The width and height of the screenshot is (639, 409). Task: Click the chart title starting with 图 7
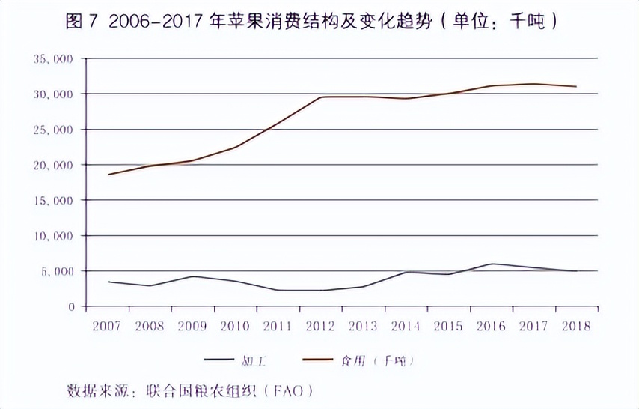click(311, 22)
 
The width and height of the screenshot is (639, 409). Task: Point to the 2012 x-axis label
click(320, 327)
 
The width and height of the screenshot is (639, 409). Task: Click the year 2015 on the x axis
click(447, 327)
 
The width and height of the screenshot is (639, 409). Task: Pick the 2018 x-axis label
click(575, 327)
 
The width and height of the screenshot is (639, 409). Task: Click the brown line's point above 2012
click(321, 97)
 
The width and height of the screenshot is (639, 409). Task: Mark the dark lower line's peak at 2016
click(491, 264)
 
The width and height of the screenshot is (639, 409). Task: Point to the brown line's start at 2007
click(109, 175)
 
